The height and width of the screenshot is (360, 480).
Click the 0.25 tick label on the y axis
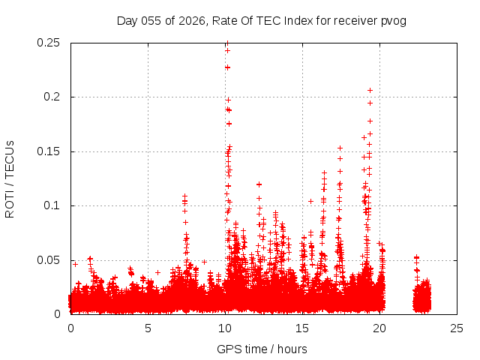point(49,43)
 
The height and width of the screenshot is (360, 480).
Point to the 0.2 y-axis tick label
point(55,97)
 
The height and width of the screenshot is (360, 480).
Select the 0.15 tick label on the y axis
point(49,151)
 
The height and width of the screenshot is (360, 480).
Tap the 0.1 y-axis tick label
point(55,205)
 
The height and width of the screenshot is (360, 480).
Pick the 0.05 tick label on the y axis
point(49,260)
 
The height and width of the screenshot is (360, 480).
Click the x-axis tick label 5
point(148,328)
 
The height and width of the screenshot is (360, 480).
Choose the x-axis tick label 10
point(225,328)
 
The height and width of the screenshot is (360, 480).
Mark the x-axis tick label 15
point(302,328)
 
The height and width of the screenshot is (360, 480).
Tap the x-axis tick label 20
point(379,328)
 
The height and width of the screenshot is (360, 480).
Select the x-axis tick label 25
point(457,328)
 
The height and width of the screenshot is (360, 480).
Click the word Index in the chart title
point(298,20)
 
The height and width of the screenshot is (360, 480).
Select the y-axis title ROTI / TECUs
point(10,178)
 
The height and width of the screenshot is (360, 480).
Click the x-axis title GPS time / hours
point(262,349)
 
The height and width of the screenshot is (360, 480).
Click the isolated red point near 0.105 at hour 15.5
point(310,201)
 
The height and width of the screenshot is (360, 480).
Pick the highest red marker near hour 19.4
point(370,90)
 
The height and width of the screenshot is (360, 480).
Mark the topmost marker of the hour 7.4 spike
point(184,196)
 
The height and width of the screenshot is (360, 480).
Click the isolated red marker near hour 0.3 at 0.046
point(75,264)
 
